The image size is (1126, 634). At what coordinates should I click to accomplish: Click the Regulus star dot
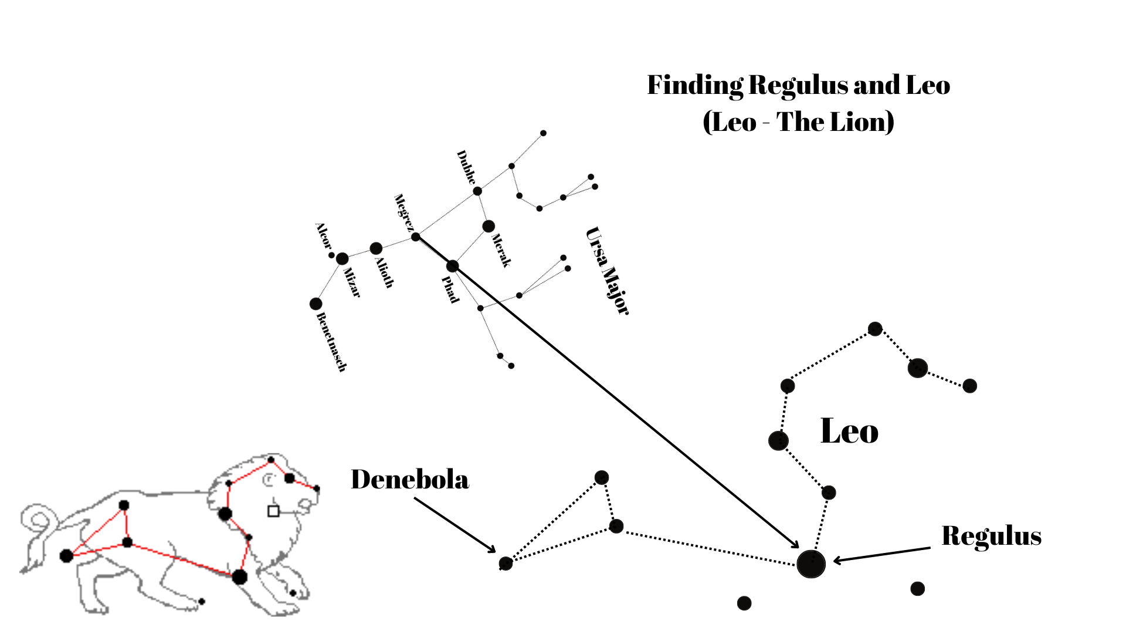(811, 564)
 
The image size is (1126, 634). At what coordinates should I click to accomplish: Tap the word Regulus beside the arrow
(991, 536)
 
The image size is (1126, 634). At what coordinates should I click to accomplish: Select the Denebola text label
(410, 480)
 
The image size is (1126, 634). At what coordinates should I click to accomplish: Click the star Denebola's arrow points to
(506, 564)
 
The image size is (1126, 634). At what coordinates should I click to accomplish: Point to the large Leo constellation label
(849, 431)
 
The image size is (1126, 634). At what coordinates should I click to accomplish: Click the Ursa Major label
(608, 271)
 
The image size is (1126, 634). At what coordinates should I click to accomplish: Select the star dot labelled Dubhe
(477, 191)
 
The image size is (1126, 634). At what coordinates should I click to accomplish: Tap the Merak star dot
(489, 226)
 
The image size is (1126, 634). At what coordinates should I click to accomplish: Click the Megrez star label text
(403, 213)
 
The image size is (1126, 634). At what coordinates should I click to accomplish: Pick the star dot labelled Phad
(452, 266)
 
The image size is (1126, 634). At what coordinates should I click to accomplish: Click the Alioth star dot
(376, 248)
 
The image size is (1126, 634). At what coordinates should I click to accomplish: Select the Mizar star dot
(342, 258)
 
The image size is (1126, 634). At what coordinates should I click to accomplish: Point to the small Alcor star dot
(331, 255)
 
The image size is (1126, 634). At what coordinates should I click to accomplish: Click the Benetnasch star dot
(316, 303)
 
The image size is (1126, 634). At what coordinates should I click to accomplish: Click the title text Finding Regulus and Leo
(798, 85)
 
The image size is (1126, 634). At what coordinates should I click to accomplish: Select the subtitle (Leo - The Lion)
(798, 122)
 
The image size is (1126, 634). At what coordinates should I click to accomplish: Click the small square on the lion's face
(273, 511)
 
